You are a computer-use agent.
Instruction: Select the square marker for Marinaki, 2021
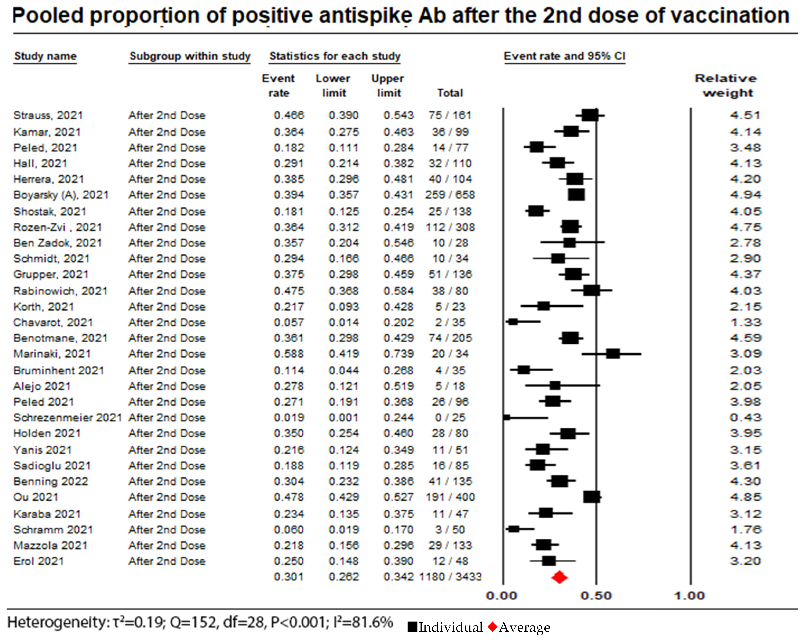click(613, 354)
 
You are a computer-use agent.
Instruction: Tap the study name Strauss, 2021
click(48, 115)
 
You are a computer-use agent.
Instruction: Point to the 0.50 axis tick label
click(596, 596)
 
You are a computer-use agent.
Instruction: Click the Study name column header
click(45, 56)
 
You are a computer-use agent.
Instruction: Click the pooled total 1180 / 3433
click(450, 577)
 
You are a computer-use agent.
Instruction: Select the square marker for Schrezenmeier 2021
click(507, 418)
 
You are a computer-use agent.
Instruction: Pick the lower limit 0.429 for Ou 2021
click(344, 497)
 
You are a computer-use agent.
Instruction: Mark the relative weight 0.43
click(745, 418)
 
